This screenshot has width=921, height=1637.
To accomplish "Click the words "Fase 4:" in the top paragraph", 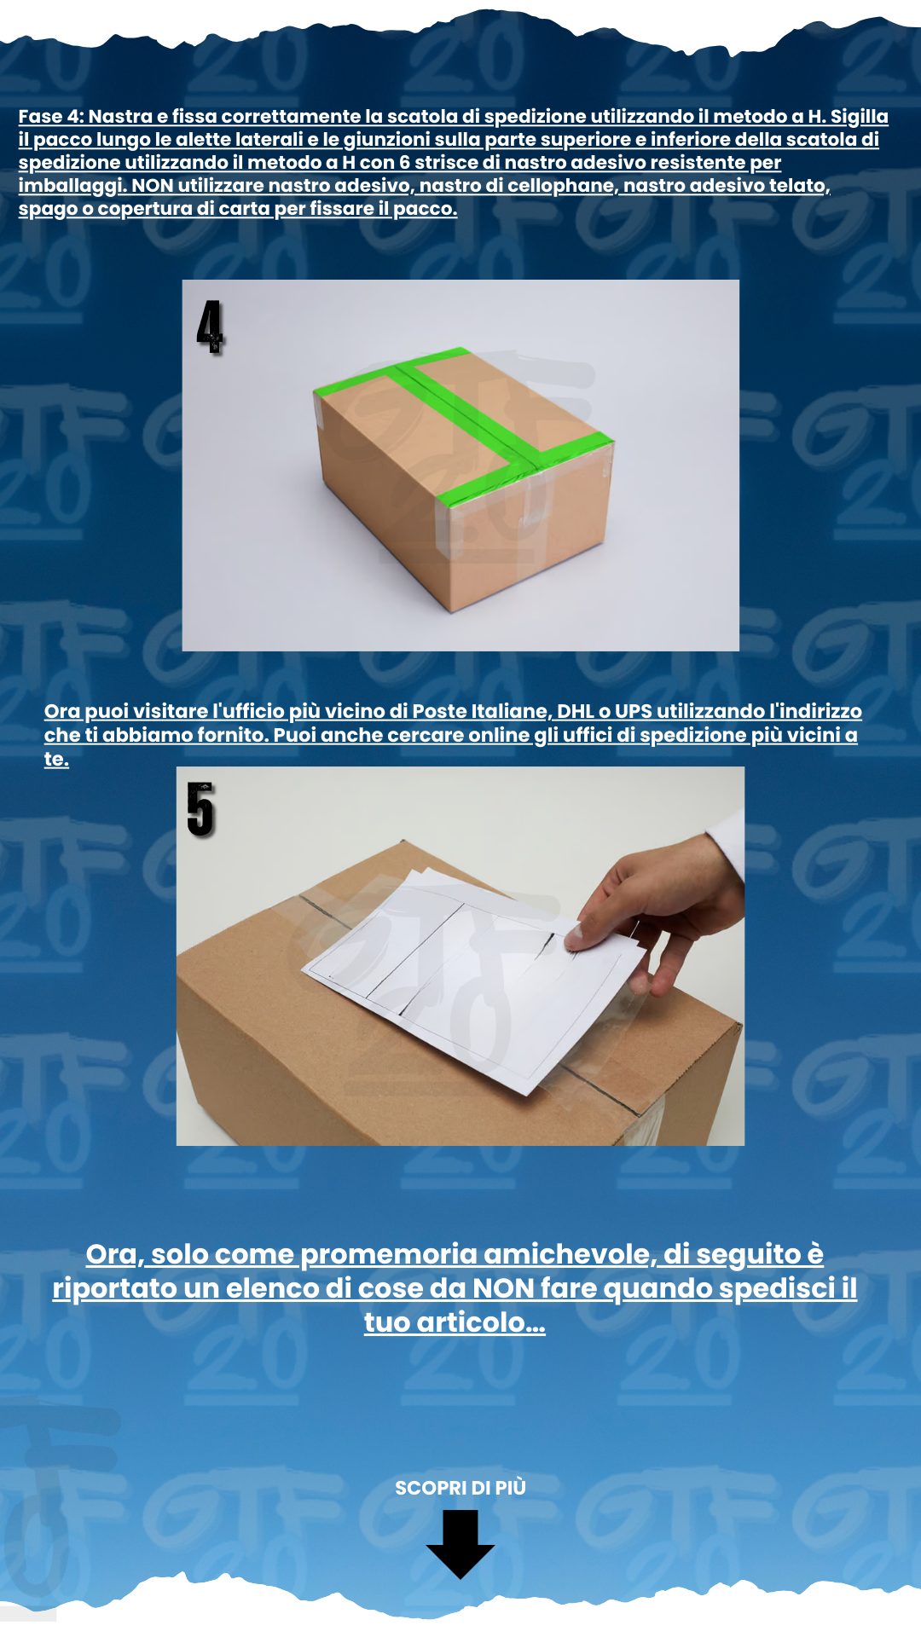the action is tap(51, 117).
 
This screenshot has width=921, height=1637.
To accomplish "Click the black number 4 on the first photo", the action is tap(210, 327).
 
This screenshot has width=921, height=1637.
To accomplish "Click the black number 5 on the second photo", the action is tap(200, 809).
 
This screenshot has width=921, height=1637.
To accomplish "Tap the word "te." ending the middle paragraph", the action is tap(56, 760).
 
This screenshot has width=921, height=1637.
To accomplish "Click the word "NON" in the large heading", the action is tap(503, 1288).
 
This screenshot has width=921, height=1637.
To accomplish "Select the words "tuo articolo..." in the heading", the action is tap(455, 1322).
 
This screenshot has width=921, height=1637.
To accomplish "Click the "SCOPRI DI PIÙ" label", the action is tap(460, 1488).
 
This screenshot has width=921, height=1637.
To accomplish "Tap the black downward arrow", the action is tap(460, 1543).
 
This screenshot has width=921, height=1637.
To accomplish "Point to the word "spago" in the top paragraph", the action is tap(48, 210).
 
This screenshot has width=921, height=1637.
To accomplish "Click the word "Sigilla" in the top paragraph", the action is tap(860, 117).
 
